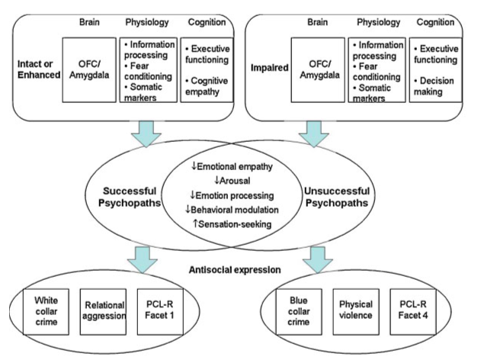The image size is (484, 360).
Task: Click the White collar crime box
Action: [46, 311]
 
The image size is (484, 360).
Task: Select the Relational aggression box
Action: [103, 311]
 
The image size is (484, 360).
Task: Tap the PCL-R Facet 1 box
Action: [160, 311]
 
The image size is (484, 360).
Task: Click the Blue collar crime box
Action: [299, 311]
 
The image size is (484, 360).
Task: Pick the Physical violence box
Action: [356, 311]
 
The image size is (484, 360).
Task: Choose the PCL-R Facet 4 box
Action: [413, 311]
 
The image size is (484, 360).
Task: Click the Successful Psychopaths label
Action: [130, 197]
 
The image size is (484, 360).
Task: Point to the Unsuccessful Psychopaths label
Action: [337, 197]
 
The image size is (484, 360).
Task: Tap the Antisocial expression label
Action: [235, 270]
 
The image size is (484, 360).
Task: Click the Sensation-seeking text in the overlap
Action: [232, 223]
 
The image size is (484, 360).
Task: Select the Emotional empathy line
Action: [232, 166]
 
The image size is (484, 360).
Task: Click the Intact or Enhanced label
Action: [39, 69]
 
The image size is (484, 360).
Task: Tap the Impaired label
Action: [270, 68]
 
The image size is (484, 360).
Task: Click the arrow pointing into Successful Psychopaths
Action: [146, 133]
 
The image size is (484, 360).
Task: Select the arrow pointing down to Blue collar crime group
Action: [318, 259]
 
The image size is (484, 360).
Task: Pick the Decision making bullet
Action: [434, 86]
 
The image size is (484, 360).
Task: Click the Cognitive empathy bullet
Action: [207, 86]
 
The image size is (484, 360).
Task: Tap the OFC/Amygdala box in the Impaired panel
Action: [318, 70]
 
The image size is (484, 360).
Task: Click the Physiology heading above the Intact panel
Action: [147, 22]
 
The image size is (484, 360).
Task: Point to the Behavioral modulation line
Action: [232, 210]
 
